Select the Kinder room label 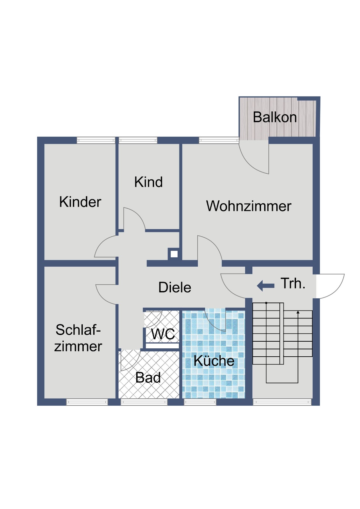click(x=80, y=202)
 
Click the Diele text click(x=175, y=288)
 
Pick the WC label click(x=163, y=334)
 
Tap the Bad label click(x=148, y=378)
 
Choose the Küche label click(x=214, y=361)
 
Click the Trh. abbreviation click(x=293, y=283)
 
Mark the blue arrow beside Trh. click(x=265, y=286)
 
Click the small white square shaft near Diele click(x=174, y=254)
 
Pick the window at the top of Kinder click(x=96, y=140)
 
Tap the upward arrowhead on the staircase click(x=298, y=312)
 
